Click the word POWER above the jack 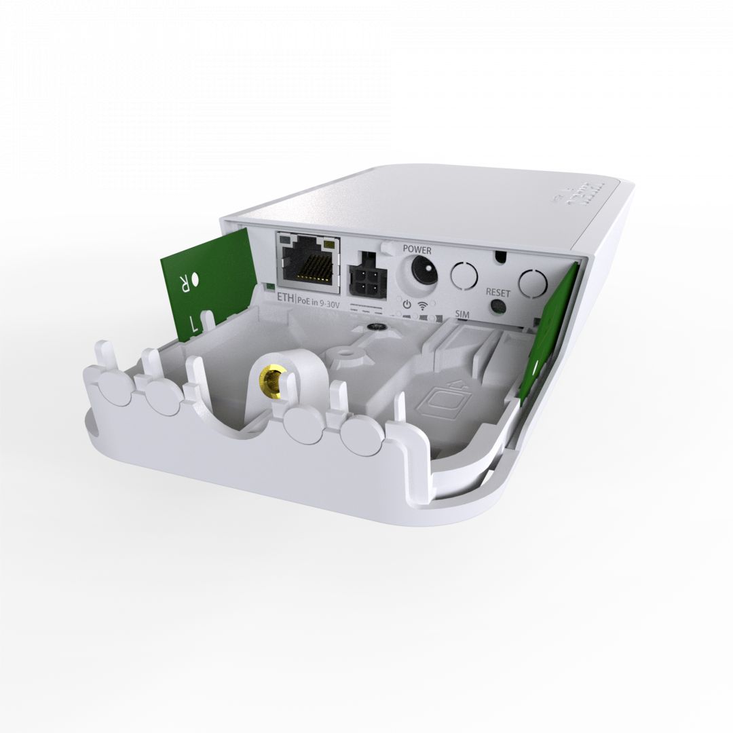point(417,250)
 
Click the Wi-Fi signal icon point(424,305)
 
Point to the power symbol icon point(406,305)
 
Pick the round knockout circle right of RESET point(533,280)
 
